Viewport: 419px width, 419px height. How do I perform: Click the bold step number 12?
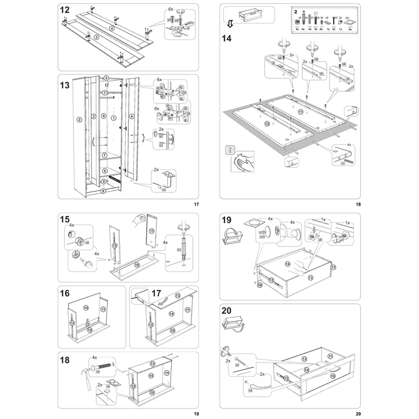(x=65, y=10)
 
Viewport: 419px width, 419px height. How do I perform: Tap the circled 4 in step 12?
(x=112, y=28)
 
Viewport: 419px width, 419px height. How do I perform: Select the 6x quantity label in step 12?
(x=171, y=9)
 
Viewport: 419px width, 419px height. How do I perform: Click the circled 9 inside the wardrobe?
(x=104, y=115)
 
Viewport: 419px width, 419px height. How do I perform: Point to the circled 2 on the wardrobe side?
(x=79, y=119)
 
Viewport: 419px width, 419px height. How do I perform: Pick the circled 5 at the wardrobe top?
(x=106, y=78)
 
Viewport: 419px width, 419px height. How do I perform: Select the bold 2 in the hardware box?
(x=295, y=10)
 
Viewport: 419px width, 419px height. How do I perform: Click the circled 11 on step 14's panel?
(x=301, y=112)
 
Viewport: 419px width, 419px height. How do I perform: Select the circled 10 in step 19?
(x=260, y=284)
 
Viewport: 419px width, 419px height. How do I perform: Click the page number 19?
(x=196, y=414)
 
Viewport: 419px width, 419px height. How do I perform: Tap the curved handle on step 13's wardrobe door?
(x=93, y=142)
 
